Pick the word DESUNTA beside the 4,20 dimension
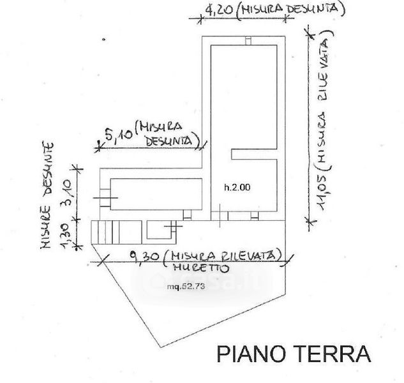coord(317,9)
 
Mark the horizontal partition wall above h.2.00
coord(253,153)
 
